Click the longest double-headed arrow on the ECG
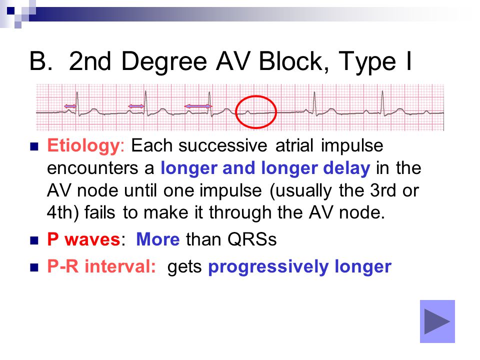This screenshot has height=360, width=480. [x=198, y=106]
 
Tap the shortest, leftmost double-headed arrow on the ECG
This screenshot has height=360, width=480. [x=70, y=106]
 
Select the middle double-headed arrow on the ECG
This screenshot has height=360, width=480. [x=136, y=106]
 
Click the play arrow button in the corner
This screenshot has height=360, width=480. [x=437, y=321]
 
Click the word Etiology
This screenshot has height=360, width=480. [x=83, y=145]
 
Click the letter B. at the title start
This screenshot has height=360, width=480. [x=40, y=61]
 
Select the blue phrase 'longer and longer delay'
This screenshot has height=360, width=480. [x=265, y=168]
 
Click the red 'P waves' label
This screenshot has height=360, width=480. [x=83, y=239]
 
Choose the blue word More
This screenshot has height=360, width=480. [x=157, y=239]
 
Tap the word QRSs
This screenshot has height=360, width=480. [x=252, y=239]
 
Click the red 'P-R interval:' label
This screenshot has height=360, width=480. [x=101, y=266]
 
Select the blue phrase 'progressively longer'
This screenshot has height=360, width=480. [x=299, y=266]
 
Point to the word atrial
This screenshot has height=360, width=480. [x=294, y=145]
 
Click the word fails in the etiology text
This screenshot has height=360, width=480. [x=100, y=212]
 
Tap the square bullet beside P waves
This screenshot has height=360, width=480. [x=34, y=240]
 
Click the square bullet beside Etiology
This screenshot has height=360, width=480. [x=34, y=146]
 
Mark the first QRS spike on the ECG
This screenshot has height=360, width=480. [x=78, y=103]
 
